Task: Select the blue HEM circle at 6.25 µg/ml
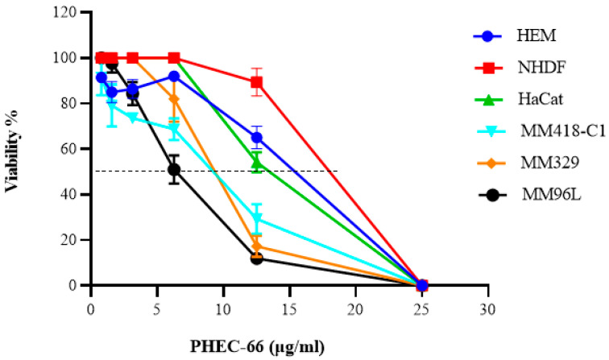point(173,76)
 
